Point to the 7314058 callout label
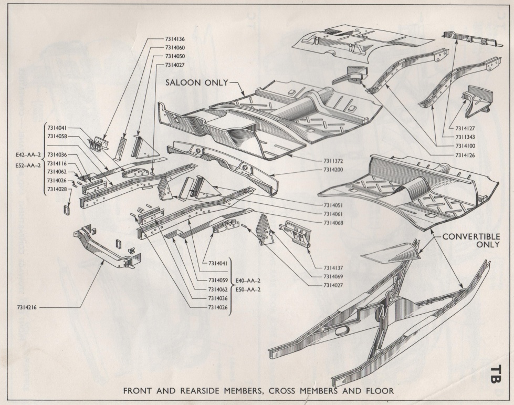(x=58, y=136)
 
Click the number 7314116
(x=58, y=163)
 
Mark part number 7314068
(x=331, y=222)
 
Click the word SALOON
(x=185, y=83)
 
